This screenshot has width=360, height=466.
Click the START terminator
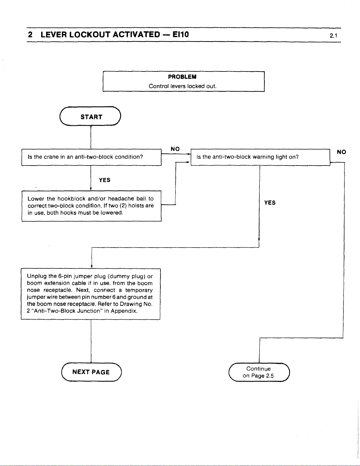90,116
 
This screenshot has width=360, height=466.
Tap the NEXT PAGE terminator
91,372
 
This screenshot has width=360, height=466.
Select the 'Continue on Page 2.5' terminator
259,372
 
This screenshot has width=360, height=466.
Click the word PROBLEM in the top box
182,77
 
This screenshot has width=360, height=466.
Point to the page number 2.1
334,36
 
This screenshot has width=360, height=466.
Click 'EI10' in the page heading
180,34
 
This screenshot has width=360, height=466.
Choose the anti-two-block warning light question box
260,157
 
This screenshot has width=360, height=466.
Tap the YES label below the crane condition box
105,180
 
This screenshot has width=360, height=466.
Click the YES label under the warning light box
270,203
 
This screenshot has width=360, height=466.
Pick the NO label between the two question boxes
175,149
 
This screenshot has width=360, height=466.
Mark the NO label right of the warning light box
341,152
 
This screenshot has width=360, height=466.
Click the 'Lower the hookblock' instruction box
91,206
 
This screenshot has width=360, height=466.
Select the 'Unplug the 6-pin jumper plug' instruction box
91,294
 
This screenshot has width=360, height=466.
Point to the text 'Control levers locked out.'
182,86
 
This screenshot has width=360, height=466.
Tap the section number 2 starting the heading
30,34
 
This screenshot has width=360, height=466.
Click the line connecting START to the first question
91,137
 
